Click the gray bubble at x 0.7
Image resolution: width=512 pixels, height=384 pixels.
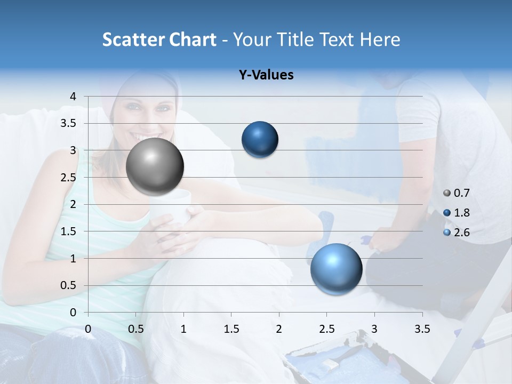point(155,166)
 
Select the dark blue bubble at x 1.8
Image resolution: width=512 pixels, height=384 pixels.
point(260,140)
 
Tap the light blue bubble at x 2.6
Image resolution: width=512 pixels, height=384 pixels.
point(336,269)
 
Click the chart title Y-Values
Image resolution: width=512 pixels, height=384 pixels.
point(266,75)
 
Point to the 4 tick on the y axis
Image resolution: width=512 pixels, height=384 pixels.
point(74,97)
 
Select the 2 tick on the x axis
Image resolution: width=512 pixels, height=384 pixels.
point(279,329)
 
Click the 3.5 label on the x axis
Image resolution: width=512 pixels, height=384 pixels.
point(422,329)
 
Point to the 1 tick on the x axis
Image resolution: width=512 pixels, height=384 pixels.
point(183,329)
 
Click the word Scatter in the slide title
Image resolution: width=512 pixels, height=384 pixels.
point(133,39)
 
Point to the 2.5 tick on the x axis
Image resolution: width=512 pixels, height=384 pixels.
point(326,329)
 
